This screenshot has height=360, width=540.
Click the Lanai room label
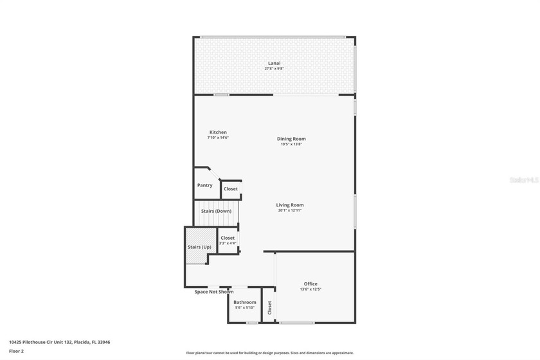coord(274,63)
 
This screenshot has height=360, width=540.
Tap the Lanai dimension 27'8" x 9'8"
coord(274,68)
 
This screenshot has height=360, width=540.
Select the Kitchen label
coord(218,132)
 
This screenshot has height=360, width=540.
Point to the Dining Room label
coord(291,139)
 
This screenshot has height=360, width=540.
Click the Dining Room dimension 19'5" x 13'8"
coord(291,144)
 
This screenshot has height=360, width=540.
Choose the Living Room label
coord(290,205)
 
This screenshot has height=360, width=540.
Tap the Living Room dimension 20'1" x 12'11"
coord(290,210)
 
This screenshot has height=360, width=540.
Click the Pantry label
coord(205,185)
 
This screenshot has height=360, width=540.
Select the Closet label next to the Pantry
coord(231,189)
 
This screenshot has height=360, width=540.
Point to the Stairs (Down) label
coord(216,211)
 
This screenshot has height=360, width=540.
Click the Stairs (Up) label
coord(199,247)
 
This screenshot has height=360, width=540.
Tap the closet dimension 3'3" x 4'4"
coord(228,244)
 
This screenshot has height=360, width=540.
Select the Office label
coord(310,284)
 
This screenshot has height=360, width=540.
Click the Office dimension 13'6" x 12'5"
coord(310,289)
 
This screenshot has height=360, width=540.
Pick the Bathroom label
coord(244,302)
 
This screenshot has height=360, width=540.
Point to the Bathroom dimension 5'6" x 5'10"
coord(244,307)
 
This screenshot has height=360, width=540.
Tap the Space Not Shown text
coord(214,292)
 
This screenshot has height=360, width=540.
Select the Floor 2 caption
coord(16,351)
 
